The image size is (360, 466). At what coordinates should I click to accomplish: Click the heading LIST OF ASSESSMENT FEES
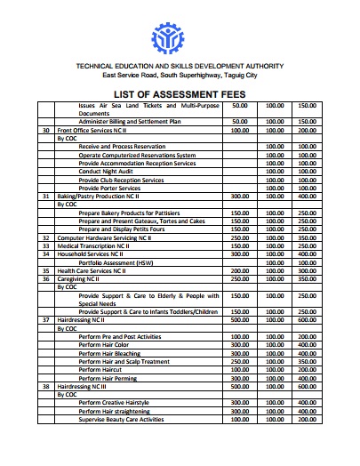(180, 95)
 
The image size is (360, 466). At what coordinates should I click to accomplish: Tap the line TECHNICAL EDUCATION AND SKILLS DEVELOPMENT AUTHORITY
(180, 67)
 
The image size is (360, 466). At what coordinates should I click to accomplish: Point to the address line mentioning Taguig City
(180, 76)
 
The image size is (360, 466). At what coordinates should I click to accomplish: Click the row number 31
(45, 196)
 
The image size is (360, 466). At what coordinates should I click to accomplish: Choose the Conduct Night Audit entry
(109, 171)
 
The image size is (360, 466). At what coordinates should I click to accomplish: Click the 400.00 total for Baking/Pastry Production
(308, 196)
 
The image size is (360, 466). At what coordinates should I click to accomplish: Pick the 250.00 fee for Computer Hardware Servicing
(239, 237)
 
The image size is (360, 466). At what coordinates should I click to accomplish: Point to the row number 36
(45, 278)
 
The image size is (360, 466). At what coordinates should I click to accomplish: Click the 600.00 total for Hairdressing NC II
(308, 319)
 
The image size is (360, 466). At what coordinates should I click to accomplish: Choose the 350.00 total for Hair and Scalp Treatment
(308, 361)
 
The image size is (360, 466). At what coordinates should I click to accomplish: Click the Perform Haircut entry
(101, 370)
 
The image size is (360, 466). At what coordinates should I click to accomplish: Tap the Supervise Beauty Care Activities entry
(121, 419)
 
